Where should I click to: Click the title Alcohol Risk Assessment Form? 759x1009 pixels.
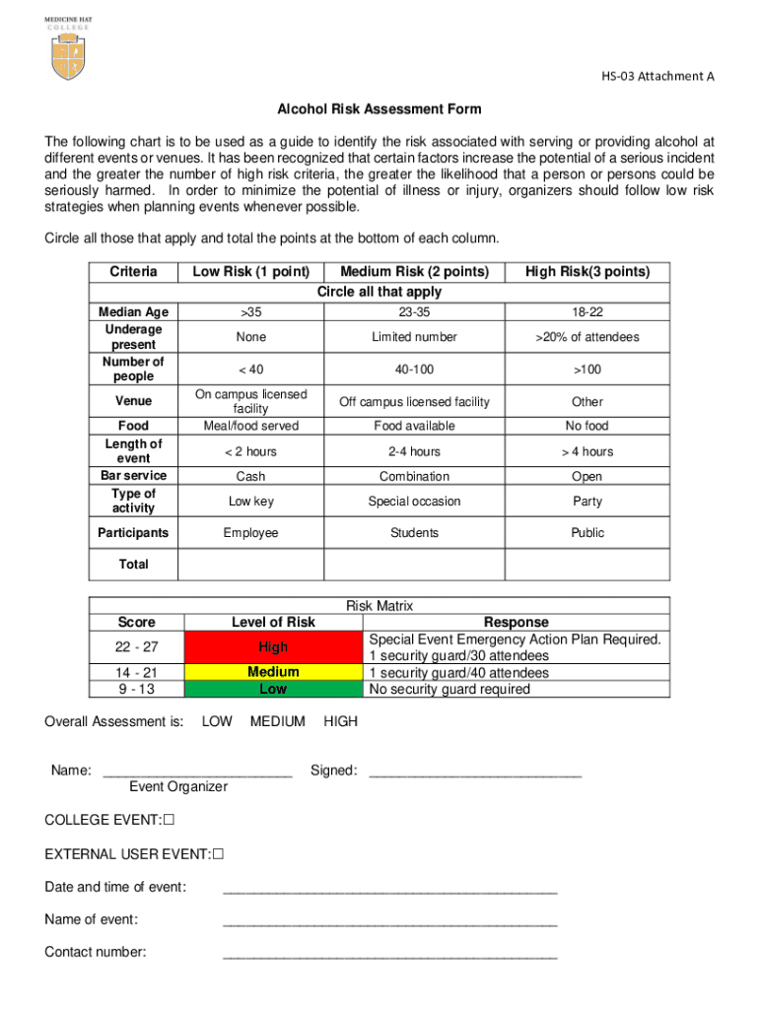click(x=379, y=108)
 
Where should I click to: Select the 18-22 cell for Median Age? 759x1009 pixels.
click(x=587, y=312)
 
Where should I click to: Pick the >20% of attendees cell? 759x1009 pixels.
click(x=587, y=337)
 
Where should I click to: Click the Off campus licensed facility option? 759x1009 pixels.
click(x=414, y=402)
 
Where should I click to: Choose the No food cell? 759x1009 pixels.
click(x=587, y=426)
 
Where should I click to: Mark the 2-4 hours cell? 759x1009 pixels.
click(x=414, y=451)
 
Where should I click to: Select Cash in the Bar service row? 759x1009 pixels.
click(x=251, y=476)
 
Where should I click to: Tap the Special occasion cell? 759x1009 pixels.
click(x=414, y=501)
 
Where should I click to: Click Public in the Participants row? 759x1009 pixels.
click(x=587, y=533)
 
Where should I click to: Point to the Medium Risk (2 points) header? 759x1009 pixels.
click(x=414, y=272)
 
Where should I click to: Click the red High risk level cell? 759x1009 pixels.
click(x=273, y=647)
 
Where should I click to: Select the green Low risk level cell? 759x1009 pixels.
click(x=273, y=690)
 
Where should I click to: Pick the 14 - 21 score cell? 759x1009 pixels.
click(x=136, y=673)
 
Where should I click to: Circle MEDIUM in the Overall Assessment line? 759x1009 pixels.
click(x=278, y=721)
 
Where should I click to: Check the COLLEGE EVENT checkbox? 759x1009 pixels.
click(x=169, y=820)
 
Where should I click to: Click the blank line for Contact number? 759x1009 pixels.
click(x=390, y=954)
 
